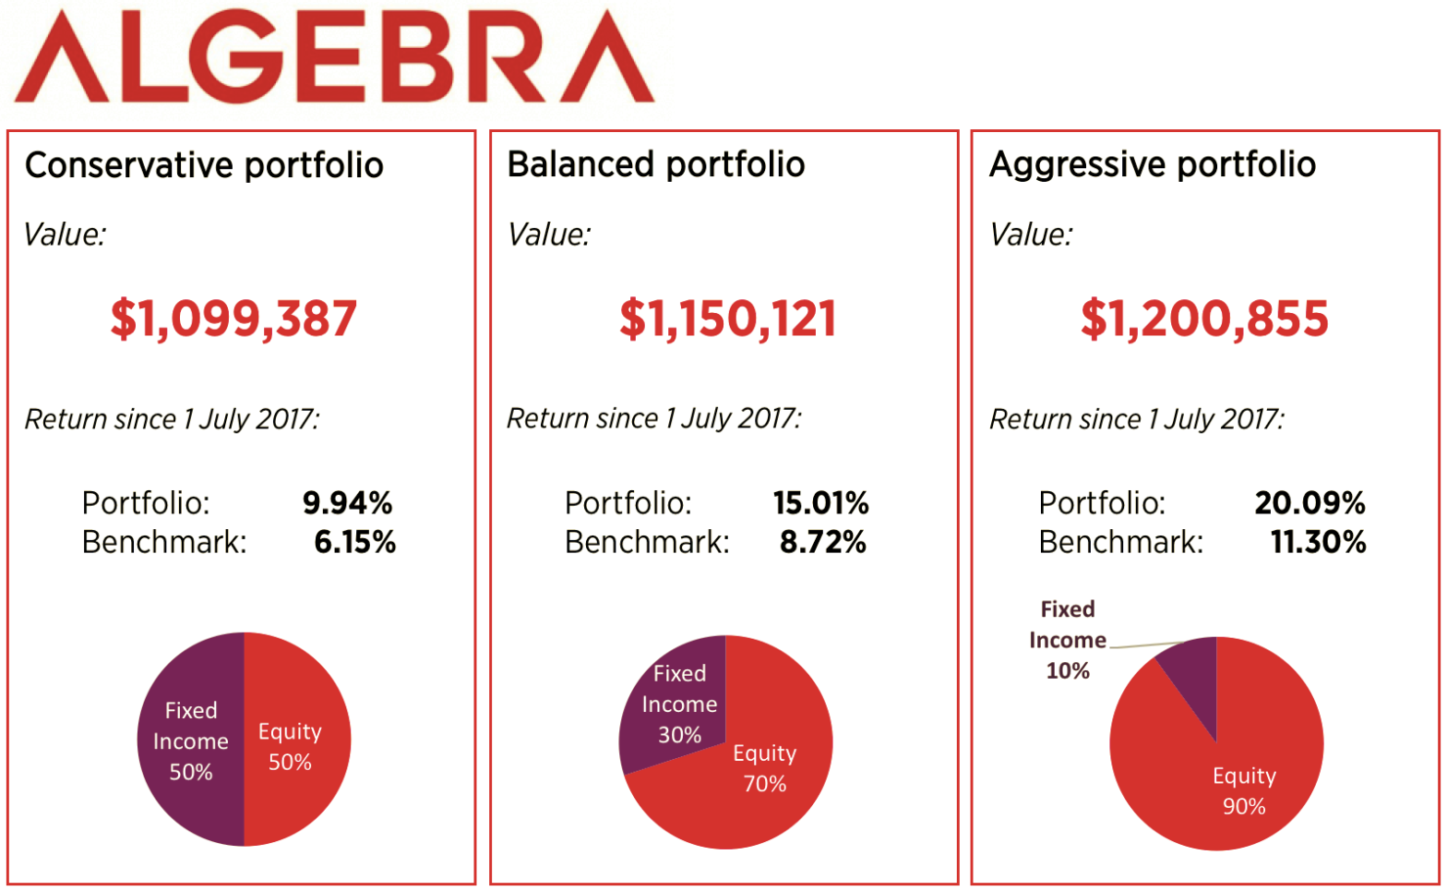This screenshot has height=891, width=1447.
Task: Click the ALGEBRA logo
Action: tap(334, 57)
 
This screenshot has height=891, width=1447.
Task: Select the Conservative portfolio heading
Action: tap(204, 165)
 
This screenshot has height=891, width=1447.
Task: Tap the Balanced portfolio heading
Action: tap(655, 164)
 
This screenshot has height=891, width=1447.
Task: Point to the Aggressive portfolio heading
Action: tap(1152, 164)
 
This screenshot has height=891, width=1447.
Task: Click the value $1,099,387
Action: tap(233, 319)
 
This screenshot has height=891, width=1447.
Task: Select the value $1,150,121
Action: tap(727, 319)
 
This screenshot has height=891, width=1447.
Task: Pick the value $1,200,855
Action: tap(1204, 319)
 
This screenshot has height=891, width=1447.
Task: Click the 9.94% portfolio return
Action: tap(347, 503)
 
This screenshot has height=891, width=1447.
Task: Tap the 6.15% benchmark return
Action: tap(354, 542)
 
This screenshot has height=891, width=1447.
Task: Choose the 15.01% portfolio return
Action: tap(820, 503)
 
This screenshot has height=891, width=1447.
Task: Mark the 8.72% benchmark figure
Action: tap(822, 542)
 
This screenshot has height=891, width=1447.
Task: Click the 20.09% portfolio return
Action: tap(1309, 503)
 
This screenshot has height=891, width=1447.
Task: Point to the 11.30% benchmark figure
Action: tap(1318, 542)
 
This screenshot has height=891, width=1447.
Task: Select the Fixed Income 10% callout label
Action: tap(1068, 640)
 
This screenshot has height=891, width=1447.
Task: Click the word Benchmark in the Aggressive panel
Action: tap(1120, 542)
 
